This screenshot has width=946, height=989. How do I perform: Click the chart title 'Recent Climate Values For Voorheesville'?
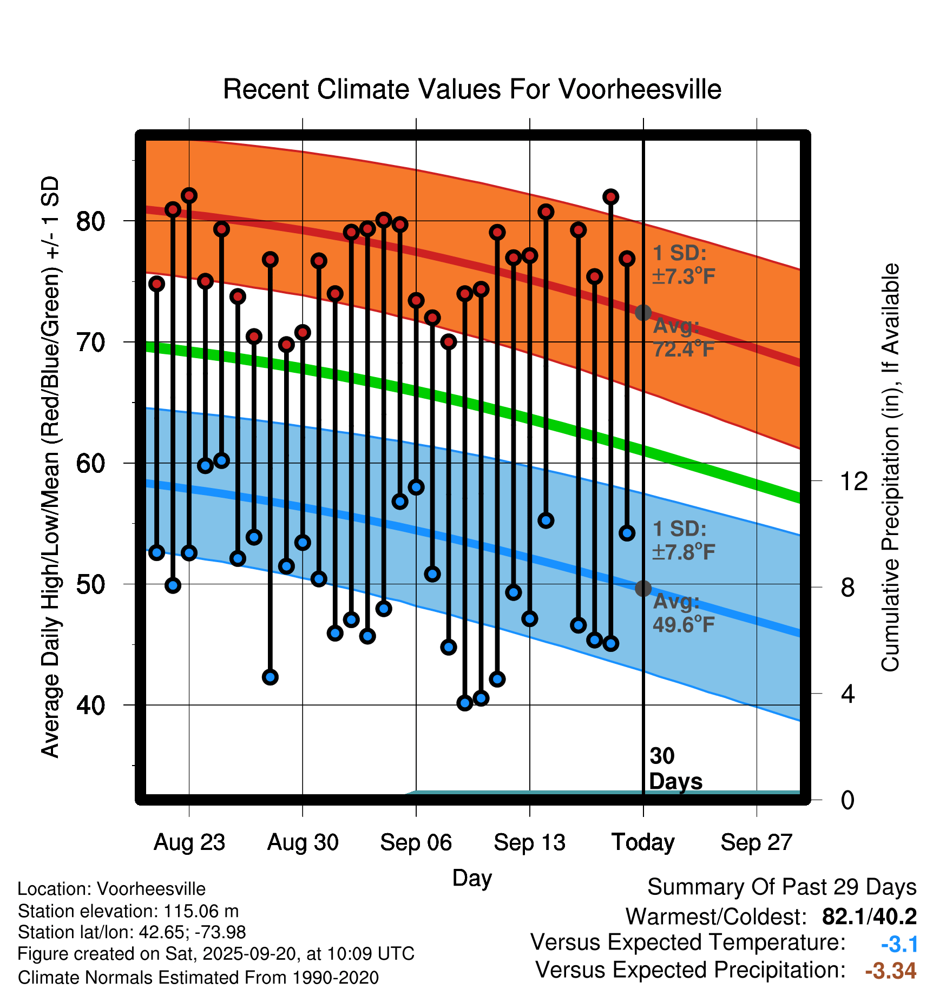[472, 89]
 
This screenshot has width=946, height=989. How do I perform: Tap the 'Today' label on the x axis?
[643, 842]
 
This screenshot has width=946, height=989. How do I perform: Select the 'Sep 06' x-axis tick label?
[416, 842]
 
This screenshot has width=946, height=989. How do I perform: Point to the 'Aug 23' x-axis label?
[189, 842]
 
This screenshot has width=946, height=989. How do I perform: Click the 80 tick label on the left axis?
[91, 221]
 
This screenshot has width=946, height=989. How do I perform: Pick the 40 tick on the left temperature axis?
[91, 706]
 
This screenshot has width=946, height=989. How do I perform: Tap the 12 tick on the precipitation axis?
[854, 481]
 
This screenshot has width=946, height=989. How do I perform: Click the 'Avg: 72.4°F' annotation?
[684, 338]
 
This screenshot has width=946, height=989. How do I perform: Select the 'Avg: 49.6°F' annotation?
[684, 613]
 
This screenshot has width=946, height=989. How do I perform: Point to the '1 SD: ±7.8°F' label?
[684, 540]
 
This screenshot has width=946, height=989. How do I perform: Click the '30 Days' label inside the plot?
[675, 769]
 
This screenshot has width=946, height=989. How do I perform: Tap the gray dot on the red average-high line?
[643, 312]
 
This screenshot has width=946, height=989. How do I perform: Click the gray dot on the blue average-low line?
[643, 588]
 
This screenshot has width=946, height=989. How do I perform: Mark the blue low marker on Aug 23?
[189, 553]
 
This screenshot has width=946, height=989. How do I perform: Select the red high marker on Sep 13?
[530, 255]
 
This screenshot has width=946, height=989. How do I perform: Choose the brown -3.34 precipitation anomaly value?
[890, 971]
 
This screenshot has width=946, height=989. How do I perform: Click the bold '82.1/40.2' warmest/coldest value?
[869, 917]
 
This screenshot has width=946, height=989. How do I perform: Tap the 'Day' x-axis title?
[472, 878]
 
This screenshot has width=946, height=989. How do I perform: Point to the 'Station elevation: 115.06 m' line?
[128, 911]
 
